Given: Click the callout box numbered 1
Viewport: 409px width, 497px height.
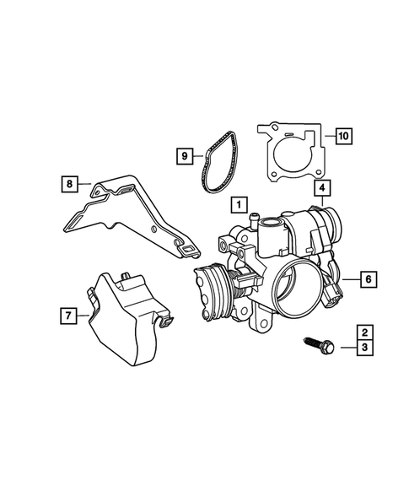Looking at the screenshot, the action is tap(239, 204).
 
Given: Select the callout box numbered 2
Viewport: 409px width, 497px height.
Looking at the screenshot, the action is tap(364, 332).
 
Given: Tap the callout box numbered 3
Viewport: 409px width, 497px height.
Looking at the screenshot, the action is tap(364, 348).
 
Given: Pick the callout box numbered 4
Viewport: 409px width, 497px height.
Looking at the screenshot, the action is tap(322, 188).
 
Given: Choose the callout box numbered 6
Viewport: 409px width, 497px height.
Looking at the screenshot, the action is tap(369, 279).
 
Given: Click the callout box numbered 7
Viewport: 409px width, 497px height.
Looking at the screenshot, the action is tap(68, 316).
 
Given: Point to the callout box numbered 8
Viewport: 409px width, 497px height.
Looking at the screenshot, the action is tap(70, 183).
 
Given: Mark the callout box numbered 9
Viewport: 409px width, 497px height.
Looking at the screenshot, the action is tap(185, 156).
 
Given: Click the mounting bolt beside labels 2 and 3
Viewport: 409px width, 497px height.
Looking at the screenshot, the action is tap(319, 345).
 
